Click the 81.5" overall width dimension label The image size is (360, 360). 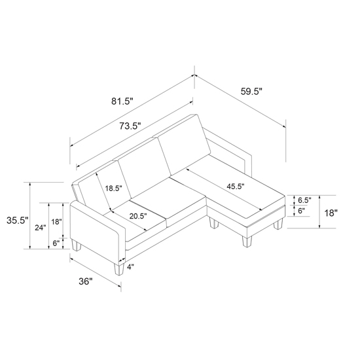pyautogui.click(x=122, y=101)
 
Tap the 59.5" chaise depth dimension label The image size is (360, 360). pyautogui.click(x=251, y=92)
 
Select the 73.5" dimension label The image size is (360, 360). pyautogui.click(x=130, y=126)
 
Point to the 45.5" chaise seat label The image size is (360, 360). pyautogui.click(x=236, y=186)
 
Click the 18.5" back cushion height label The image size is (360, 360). pyautogui.click(x=113, y=189)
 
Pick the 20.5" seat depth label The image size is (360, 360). pyautogui.click(x=138, y=216)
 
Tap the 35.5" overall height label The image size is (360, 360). pyautogui.click(x=18, y=221)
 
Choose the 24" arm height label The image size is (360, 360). pyautogui.click(x=41, y=228)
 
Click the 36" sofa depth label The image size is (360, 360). pyautogui.click(x=85, y=281)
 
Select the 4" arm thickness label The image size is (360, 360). pyautogui.click(x=130, y=267)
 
